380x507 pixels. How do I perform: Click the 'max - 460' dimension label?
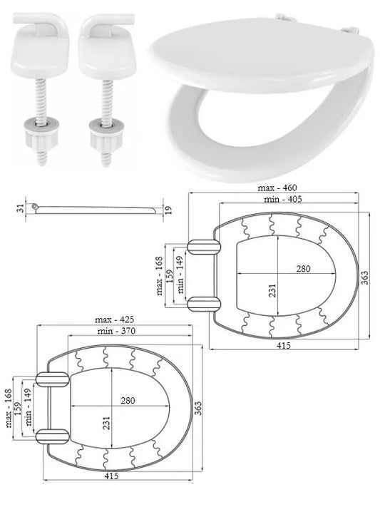click(277, 188)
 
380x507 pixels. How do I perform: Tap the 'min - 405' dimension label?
click(283, 199)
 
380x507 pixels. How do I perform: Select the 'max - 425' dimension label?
click(115, 319)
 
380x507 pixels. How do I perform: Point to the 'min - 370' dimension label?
click(116, 331)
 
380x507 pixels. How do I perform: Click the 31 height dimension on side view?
click(21, 208)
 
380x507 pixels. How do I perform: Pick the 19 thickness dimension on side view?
click(168, 210)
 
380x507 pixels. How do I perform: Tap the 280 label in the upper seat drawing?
click(303, 269)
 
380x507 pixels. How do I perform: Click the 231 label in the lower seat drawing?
click(107, 423)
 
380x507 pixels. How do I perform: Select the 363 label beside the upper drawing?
click(364, 278)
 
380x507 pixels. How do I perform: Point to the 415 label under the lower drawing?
click(111, 476)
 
